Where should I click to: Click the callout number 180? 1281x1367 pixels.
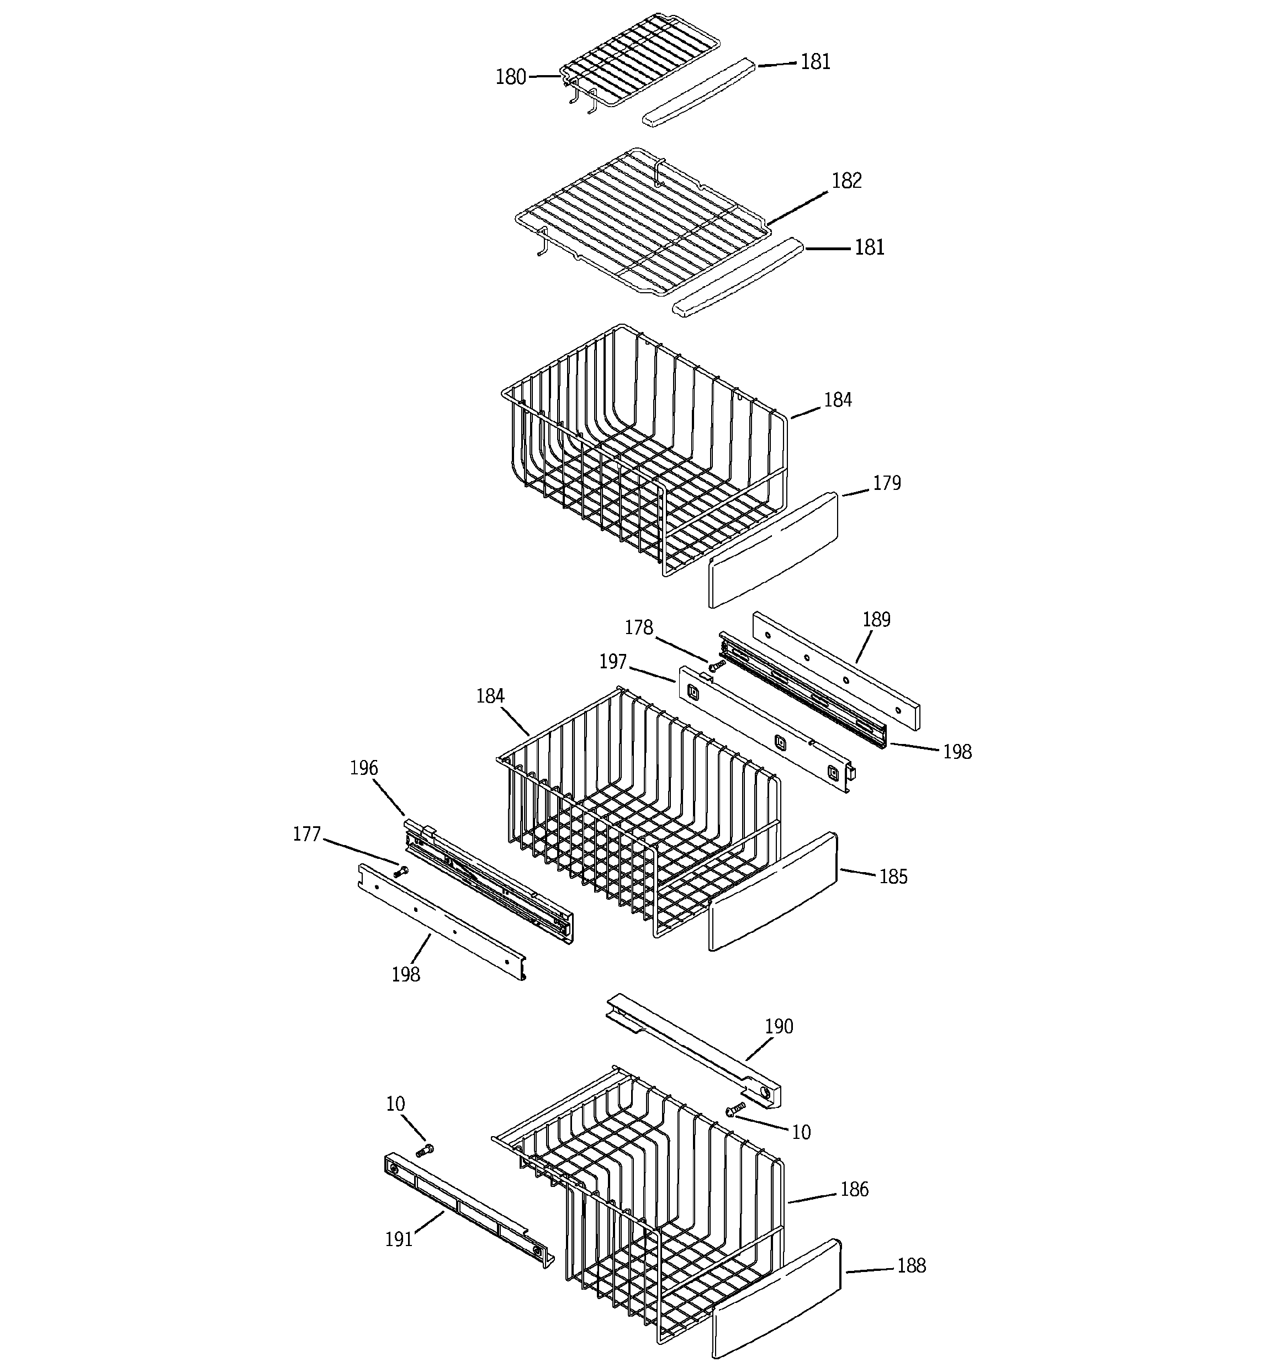(510, 77)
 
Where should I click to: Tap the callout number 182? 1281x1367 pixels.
(846, 181)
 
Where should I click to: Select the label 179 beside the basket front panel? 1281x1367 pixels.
(886, 483)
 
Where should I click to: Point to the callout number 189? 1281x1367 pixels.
(876, 620)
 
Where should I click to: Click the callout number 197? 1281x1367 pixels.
(613, 662)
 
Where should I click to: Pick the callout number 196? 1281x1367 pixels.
(364, 768)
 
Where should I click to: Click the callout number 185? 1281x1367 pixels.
(893, 877)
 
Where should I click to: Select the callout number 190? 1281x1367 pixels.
(779, 1027)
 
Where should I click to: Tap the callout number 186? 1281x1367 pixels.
(854, 1189)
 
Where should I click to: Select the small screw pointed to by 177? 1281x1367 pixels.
(400, 872)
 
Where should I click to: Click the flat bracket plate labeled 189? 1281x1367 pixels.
(835, 671)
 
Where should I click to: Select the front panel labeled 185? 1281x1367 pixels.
(774, 893)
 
